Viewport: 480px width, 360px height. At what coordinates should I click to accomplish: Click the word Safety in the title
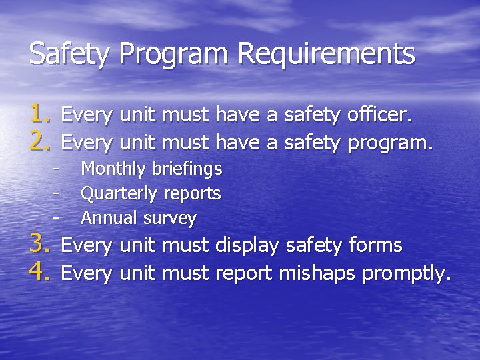click(70, 54)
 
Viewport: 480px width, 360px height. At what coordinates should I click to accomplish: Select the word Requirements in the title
click(327, 54)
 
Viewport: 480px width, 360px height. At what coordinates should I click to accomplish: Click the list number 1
click(39, 115)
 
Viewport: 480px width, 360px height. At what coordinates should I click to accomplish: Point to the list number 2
click(39, 141)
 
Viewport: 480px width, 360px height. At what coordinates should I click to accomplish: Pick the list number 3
click(39, 245)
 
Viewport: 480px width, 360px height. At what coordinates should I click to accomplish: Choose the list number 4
click(39, 272)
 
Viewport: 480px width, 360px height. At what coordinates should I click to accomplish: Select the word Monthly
click(113, 169)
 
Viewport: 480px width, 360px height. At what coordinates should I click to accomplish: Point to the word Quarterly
click(119, 194)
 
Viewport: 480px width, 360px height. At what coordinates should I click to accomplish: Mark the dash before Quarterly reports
click(57, 193)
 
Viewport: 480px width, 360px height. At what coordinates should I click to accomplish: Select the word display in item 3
click(247, 246)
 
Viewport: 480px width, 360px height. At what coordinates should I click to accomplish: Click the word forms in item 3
click(376, 245)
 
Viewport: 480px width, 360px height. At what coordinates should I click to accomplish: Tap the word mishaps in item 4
click(317, 273)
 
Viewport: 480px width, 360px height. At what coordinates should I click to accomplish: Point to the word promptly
click(407, 273)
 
